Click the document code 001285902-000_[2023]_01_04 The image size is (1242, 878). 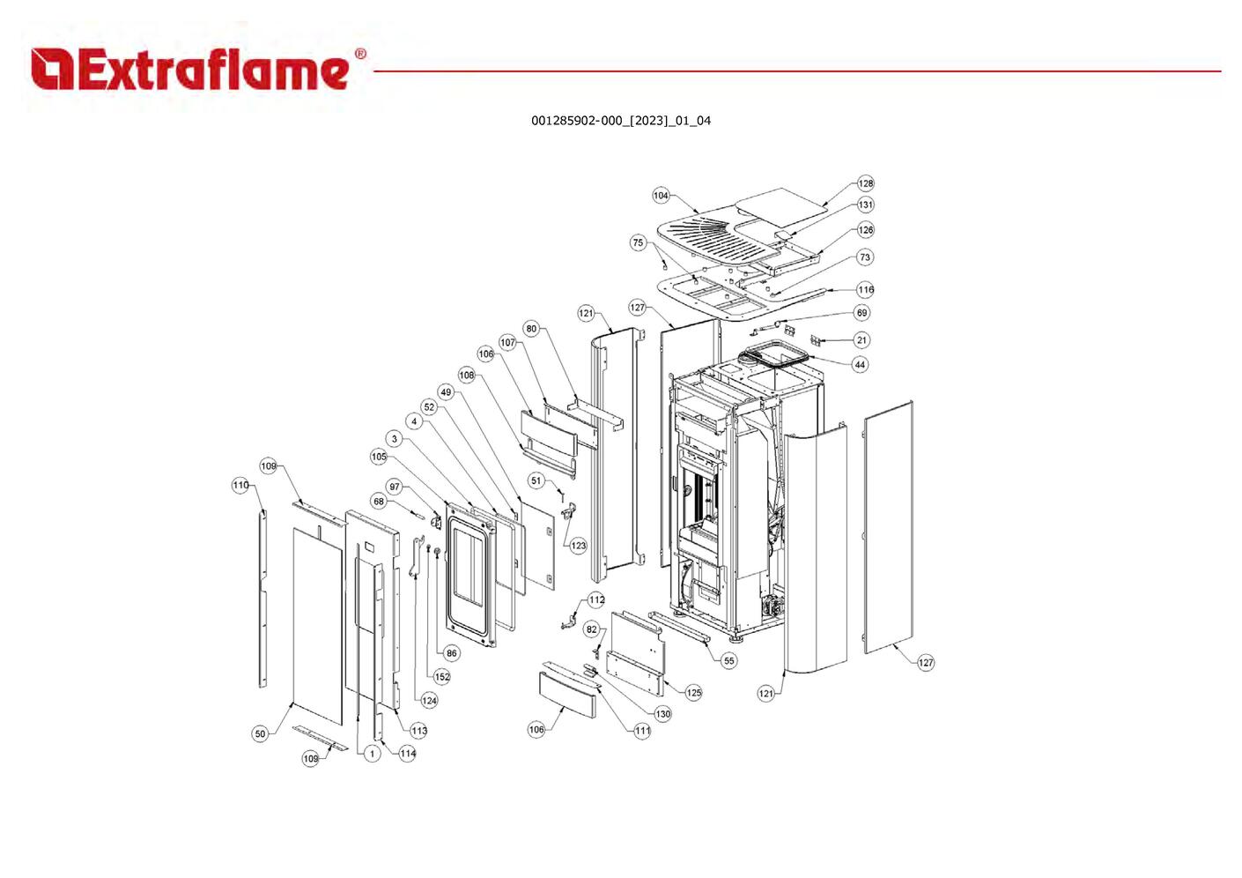coord(621,121)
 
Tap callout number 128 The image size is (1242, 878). coord(866,183)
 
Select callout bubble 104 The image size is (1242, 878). coord(661,196)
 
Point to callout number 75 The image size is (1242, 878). coord(639,242)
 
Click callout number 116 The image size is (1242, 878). coord(866,289)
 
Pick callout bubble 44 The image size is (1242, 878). coord(860,365)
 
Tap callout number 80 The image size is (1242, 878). coord(531,329)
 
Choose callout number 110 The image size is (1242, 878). coord(240,485)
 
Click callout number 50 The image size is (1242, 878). coord(260,733)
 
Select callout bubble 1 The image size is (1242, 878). coord(372,753)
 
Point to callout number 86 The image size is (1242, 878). coord(451,653)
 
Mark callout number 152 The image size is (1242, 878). coord(442,676)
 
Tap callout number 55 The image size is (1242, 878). coord(729,660)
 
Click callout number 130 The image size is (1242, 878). coord(663,714)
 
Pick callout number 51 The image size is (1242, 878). coord(536,480)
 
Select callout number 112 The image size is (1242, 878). coord(596,599)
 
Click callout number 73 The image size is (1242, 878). coord(865,257)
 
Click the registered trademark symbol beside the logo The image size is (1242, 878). coord(360,54)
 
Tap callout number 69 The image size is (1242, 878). coord(861,312)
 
